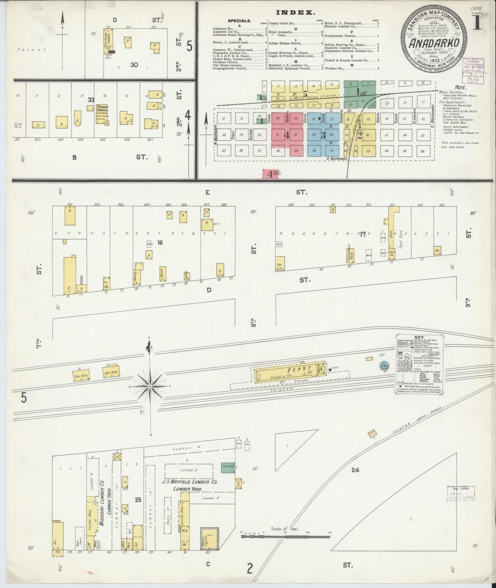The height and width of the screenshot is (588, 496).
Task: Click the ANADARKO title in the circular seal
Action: pos(434,43)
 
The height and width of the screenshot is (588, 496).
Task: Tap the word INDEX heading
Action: pos(296,13)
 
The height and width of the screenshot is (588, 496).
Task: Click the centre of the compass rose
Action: pos(150,386)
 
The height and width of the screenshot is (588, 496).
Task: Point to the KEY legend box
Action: pos(419,364)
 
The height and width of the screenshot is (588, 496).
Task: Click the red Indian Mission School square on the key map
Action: pos(270,174)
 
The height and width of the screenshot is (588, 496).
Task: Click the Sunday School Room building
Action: pos(350,255)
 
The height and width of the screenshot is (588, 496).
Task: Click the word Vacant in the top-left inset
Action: pos(34,49)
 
